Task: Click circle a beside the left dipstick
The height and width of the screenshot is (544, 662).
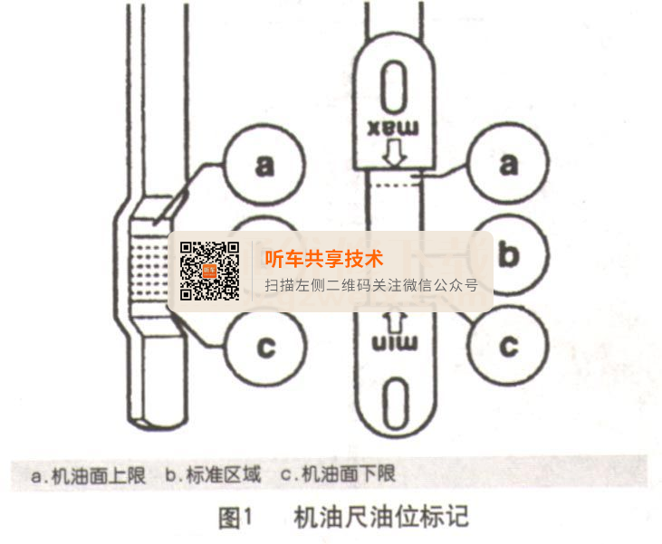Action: (264, 166)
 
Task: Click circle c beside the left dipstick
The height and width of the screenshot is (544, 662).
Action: (264, 344)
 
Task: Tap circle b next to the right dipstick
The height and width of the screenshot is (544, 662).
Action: (508, 255)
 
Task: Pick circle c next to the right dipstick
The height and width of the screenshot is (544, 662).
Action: (508, 344)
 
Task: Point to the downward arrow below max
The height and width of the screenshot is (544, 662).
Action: (393, 153)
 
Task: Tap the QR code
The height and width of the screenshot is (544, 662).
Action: (210, 271)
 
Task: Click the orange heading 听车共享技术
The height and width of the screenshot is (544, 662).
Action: (323, 258)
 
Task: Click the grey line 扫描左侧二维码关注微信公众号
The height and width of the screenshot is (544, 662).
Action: (370, 285)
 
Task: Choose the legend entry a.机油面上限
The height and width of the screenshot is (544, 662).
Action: (88, 474)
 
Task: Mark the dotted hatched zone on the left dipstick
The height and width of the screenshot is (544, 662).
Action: (151, 268)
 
